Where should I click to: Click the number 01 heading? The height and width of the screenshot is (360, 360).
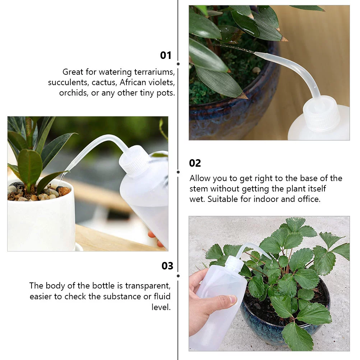pos(166,55)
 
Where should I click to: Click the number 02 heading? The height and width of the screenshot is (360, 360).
pos(195,163)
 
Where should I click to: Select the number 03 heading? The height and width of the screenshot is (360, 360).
pos(167,266)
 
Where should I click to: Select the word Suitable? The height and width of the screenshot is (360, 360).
pos(222,199)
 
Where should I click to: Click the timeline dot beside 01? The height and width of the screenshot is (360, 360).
pos(178,64)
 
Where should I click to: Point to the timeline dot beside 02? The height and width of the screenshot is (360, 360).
pos(178,172)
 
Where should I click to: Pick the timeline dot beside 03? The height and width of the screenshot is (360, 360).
pos(178,276)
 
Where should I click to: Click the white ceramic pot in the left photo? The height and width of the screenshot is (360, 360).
pos(40,223)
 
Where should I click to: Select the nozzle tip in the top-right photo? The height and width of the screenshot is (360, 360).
pos(256,54)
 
